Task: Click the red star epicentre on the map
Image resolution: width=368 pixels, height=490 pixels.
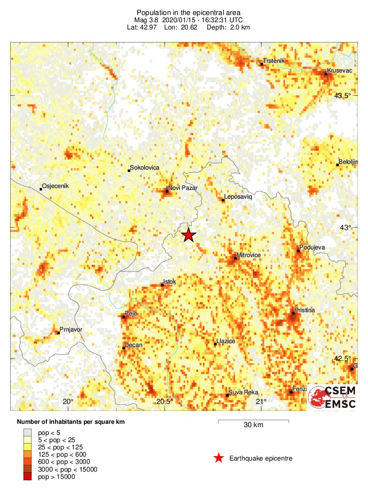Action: pos(188,235)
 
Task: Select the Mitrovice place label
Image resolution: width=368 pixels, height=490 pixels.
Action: pos(249,255)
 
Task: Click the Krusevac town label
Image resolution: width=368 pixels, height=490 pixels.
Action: pos(340,71)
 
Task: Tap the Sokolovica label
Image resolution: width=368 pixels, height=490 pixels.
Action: pos(145,168)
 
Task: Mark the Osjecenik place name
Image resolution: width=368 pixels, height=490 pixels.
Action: pos(57,186)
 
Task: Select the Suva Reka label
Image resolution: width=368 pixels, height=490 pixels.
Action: pos(244,392)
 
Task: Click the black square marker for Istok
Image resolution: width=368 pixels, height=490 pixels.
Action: pos(163,285)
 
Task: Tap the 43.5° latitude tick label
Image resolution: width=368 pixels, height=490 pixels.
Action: pos(343,96)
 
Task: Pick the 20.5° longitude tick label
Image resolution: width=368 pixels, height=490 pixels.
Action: pos(165,402)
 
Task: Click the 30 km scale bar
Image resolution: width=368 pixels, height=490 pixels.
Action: pos(254,421)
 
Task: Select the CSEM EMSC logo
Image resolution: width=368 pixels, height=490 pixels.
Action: pos(333,397)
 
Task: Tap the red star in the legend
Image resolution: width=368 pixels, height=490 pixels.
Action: pos(219,458)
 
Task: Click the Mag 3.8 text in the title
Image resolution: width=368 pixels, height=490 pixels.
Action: pos(149,20)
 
